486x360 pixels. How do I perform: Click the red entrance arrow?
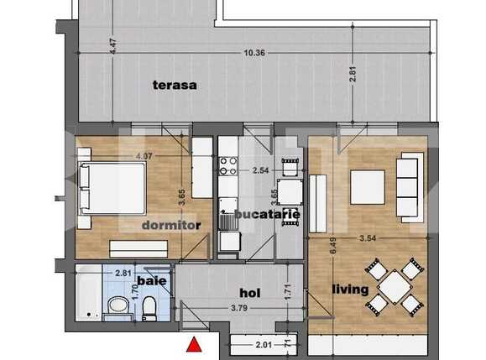[194, 344]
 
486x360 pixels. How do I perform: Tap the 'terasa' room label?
[174, 84]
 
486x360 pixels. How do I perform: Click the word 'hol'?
[248, 293]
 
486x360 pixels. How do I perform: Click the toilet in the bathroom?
[147, 308]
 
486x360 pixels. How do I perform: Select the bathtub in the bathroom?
[89, 297]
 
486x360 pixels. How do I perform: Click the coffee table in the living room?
[367, 187]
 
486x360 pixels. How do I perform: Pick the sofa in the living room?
[408, 188]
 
